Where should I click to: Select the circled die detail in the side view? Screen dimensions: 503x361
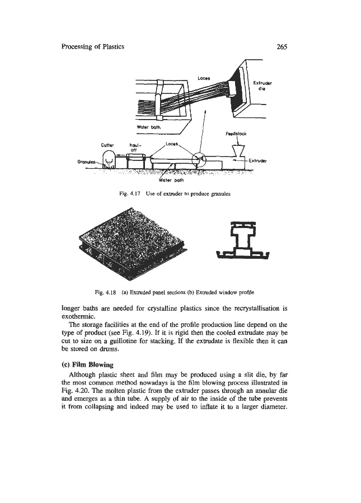coord(199,160)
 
